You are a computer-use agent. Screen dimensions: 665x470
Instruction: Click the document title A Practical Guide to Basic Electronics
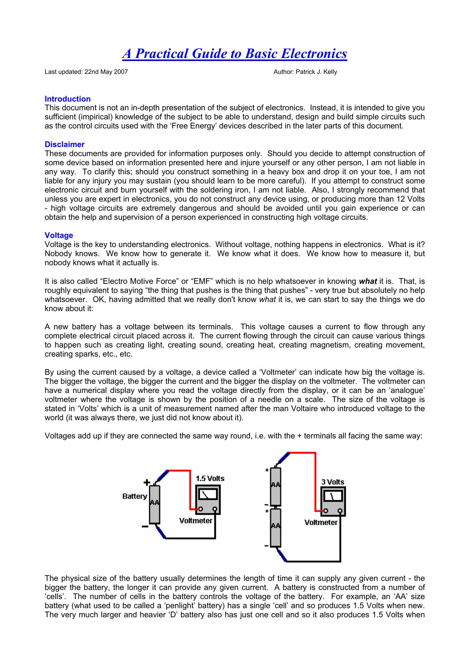tap(234, 54)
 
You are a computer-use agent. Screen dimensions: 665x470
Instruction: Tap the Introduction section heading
tap(67, 99)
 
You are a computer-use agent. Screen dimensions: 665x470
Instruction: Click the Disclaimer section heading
tap(64, 144)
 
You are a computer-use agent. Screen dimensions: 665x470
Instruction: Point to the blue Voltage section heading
tap(59, 235)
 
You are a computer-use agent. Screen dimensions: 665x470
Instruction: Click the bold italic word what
tap(367, 281)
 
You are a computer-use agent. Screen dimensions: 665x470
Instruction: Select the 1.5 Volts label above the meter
tap(210, 478)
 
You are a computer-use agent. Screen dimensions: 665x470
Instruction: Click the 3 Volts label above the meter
tap(333, 482)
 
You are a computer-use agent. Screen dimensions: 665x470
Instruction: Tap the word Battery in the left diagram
tap(134, 496)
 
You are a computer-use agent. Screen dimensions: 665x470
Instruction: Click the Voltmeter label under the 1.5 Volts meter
tap(196, 521)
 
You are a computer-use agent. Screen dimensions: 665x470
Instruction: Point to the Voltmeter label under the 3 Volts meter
tap(321, 523)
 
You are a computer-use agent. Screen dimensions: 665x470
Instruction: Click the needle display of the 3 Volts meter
tap(332, 496)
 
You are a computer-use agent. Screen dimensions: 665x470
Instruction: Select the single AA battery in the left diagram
tap(155, 504)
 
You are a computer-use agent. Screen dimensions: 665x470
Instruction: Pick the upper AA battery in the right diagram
tap(275, 486)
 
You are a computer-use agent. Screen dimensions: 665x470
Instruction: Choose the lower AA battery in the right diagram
tap(275, 527)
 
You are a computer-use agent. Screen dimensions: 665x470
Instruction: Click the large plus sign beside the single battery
tap(147, 482)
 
